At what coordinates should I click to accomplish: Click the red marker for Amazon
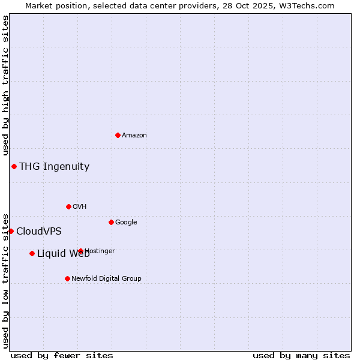pos(118,135)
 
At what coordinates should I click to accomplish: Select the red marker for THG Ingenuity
pos(14,166)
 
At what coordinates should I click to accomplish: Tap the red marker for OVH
pos(68,206)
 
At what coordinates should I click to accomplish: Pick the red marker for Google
pos(111,222)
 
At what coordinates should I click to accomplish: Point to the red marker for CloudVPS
pos(11,231)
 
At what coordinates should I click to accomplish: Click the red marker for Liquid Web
pos(32,253)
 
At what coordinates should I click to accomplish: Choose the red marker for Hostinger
pos(80,251)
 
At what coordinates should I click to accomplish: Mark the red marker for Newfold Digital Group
pos(67,278)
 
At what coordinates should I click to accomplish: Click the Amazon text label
pos(134,135)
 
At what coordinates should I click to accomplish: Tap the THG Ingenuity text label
pos(54,166)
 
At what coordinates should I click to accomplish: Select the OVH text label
pos(80,206)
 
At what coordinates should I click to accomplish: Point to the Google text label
pos(126,222)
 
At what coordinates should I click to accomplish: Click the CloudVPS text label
pos(39,231)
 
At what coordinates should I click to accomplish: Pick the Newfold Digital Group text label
pos(106,278)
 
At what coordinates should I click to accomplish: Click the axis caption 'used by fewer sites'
pos(62,355)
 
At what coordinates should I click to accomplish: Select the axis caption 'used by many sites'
pos(301,355)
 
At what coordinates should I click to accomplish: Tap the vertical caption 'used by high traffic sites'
pos(5,86)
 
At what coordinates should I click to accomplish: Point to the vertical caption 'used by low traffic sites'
pos(5,280)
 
